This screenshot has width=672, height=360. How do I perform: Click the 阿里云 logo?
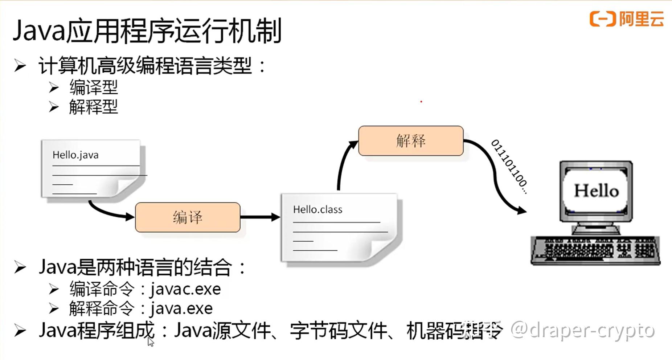[x=627, y=19]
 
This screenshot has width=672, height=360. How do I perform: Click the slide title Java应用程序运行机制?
[x=147, y=31]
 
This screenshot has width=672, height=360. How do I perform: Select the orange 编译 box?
[x=188, y=217]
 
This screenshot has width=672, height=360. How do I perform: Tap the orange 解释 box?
[x=411, y=141]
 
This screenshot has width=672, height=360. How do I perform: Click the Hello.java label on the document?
[x=75, y=155]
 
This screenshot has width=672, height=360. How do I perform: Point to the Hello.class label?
[x=317, y=209]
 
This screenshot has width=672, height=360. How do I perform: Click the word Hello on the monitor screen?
[x=596, y=191]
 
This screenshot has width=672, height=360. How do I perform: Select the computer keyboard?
[x=595, y=250]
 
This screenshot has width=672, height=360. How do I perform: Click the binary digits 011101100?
[x=509, y=167]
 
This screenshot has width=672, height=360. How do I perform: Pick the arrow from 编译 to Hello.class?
[x=260, y=217]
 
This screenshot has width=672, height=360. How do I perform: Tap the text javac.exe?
[x=185, y=289]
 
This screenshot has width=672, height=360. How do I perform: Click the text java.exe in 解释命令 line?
[x=181, y=309]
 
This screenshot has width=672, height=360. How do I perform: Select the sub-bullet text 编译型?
[x=94, y=87]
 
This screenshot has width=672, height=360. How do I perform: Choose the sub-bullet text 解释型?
[x=94, y=107]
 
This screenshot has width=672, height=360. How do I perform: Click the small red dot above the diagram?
[x=421, y=102]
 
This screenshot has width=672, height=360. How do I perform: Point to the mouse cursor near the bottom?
[x=150, y=341]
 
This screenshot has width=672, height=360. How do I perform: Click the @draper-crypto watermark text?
[x=582, y=330]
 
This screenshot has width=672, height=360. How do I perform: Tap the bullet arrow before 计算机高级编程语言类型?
[x=20, y=66]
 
